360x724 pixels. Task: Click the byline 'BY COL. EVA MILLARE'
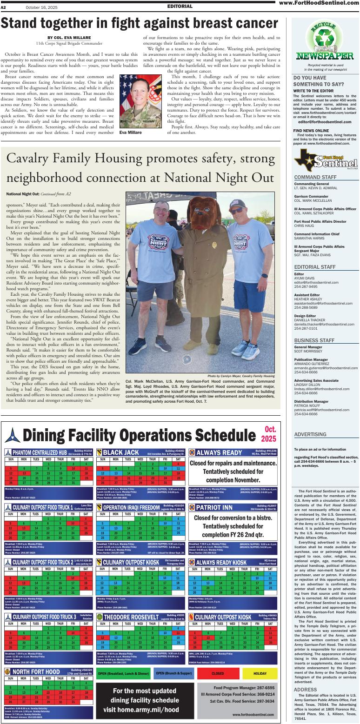click(69, 38)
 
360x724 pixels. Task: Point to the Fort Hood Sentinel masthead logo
click(326, 162)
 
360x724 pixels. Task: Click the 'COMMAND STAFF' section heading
click(315, 177)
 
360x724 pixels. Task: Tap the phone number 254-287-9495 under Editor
click(305, 287)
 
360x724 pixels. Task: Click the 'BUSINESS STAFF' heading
click(315, 340)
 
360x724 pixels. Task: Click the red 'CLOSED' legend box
click(217, 673)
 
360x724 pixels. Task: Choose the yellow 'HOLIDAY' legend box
click(260, 673)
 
